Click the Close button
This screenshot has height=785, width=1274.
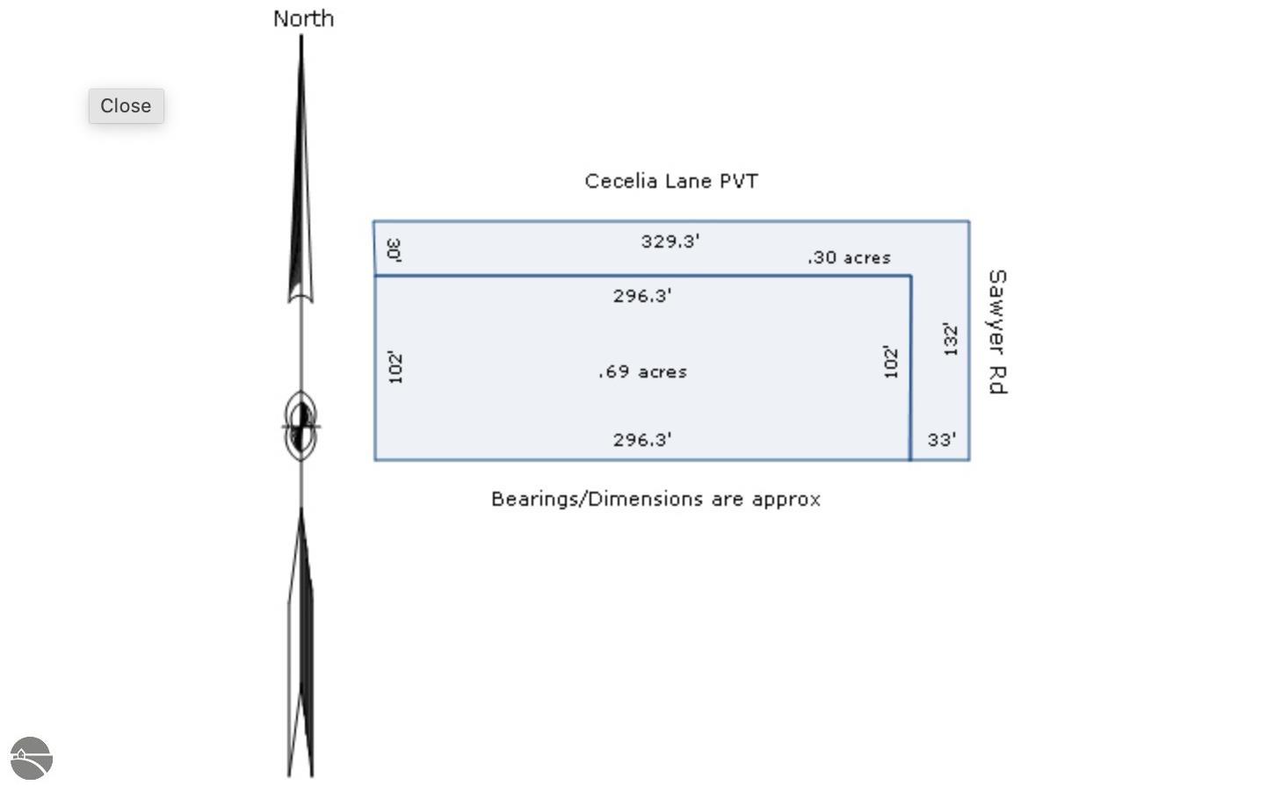tap(127, 105)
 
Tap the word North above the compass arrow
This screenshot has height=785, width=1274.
tap(304, 18)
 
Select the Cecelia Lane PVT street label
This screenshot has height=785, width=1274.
tap(671, 182)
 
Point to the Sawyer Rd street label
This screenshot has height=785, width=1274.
tap(998, 332)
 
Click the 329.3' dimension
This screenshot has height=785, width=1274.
tap(670, 241)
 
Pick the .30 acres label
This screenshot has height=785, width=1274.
tap(849, 257)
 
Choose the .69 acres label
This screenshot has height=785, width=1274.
tap(642, 371)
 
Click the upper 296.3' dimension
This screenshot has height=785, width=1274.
tap(642, 296)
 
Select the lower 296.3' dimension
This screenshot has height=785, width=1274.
tap(642, 439)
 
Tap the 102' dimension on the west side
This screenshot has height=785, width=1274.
tap(395, 368)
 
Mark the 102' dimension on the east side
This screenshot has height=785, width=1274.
tap(891, 362)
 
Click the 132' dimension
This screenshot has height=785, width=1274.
tap(951, 340)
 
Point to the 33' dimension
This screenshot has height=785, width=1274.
tap(942, 439)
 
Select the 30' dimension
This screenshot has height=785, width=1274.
tap(394, 250)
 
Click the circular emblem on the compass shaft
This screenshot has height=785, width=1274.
tap(300, 426)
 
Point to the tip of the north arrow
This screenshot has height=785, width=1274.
tap(300, 36)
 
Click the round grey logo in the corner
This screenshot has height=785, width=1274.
tap(32, 759)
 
